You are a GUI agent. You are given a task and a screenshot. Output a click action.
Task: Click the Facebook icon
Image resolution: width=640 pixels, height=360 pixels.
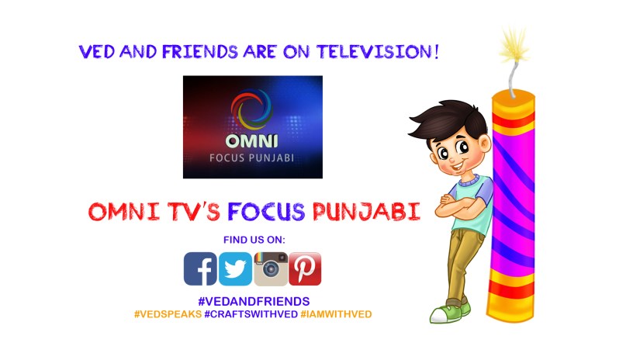coord(200,268)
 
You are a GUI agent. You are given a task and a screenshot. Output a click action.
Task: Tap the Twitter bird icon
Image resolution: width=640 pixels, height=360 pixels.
coord(235,268)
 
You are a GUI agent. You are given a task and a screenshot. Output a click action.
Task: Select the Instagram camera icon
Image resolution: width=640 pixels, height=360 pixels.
coord(271,268)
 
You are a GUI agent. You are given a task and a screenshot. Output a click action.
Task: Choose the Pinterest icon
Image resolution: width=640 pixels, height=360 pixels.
coord(305,268)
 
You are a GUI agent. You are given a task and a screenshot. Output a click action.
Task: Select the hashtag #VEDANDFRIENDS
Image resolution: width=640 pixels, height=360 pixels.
coord(254,300)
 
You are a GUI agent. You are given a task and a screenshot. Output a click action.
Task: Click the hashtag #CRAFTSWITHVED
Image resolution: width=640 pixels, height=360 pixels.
coord(251,314)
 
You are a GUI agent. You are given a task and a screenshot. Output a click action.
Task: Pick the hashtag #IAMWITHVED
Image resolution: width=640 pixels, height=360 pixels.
coord(337,314)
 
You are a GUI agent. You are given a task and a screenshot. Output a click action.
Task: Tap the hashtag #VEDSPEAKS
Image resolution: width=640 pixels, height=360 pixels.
coord(168,314)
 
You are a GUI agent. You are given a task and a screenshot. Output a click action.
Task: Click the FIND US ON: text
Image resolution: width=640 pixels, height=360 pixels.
coord(254,239)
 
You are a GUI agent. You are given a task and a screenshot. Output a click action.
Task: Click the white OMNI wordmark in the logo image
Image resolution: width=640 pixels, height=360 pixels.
coord(252,142)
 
